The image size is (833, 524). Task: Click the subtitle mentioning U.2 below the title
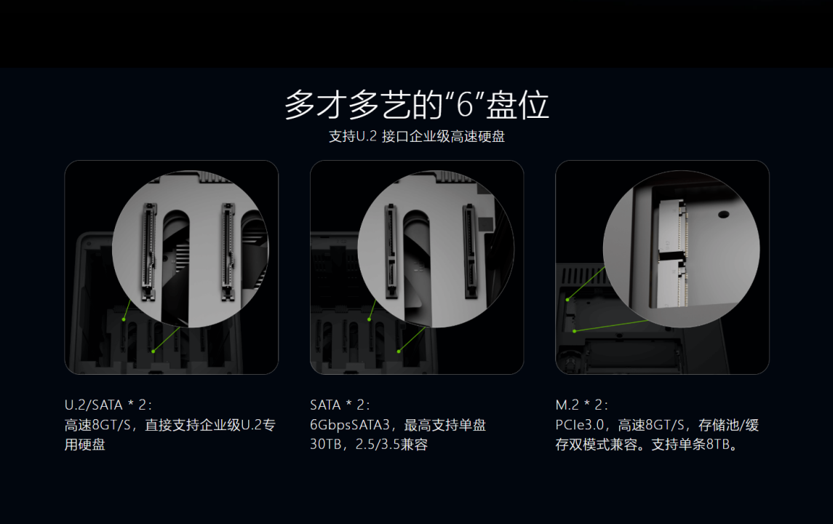(416, 137)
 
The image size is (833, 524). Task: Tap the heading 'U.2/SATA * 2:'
(108, 405)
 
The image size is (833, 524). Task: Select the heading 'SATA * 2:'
(340, 405)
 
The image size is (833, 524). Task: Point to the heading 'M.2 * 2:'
(582, 405)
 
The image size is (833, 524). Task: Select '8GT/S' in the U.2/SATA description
(111, 425)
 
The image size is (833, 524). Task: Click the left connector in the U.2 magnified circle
(148, 252)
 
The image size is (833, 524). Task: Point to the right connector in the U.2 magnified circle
(228, 252)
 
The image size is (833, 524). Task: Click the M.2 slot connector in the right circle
(671, 253)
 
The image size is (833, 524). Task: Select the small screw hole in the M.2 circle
(723, 215)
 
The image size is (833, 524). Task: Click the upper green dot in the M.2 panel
(567, 300)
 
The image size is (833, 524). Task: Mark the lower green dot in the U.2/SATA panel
(153, 352)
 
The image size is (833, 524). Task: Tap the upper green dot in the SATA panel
(370, 319)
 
